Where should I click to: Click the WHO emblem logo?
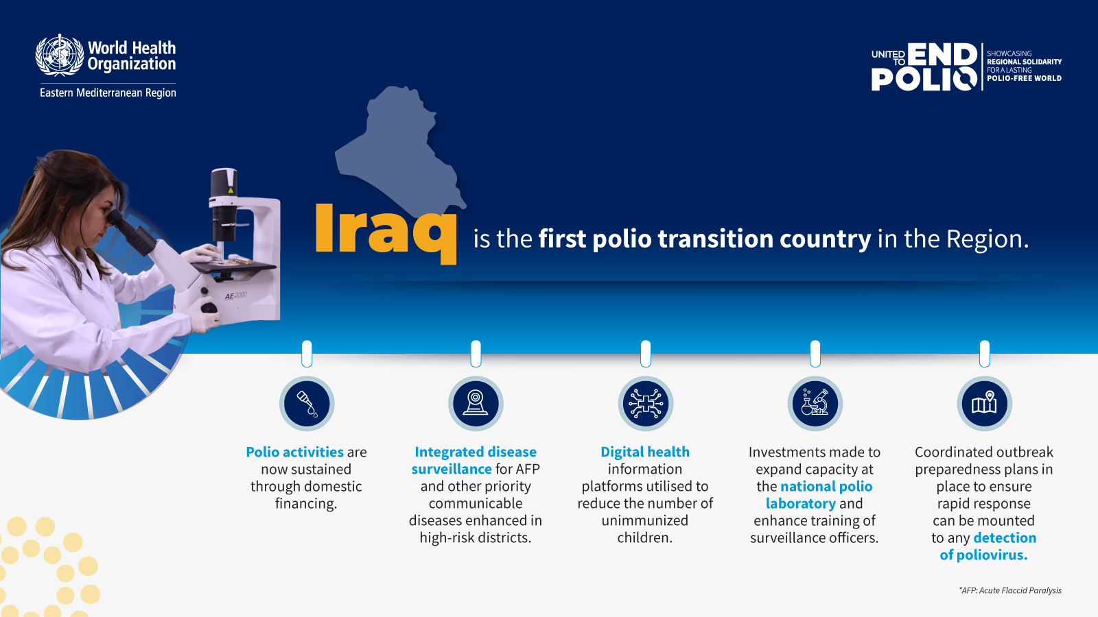coord(59,55)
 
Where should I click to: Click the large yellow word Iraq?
coord(386,234)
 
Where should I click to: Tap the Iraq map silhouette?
coord(399,149)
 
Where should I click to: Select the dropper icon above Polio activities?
coord(307,404)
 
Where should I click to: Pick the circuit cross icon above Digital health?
coord(645,404)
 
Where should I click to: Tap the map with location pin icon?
coord(984,404)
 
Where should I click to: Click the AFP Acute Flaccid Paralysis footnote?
coord(1010,590)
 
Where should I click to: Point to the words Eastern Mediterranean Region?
coord(108,93)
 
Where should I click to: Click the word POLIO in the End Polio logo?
coord(924,79)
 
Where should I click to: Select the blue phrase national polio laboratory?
coord(819,494)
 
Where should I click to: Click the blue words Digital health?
coord(645,452)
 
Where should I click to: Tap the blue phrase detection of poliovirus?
coord(988,546)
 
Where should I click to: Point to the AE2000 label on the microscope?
coord(236,295)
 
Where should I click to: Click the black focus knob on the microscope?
coord(209,308)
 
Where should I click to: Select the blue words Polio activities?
coord(294,452)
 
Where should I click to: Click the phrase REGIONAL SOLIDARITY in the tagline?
coord(1024,62)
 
